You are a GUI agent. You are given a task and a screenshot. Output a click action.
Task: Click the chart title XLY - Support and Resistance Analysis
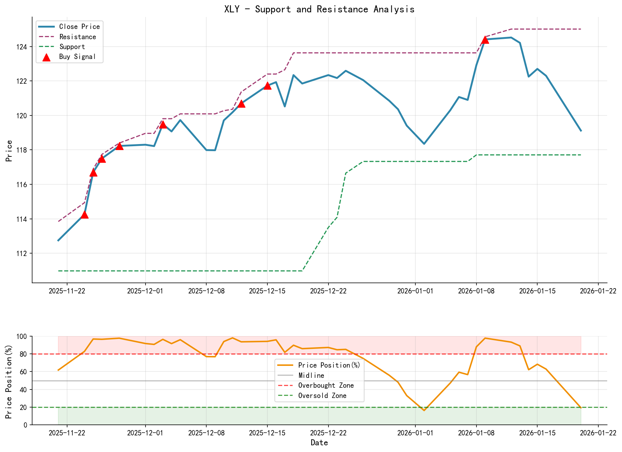coord(319,9)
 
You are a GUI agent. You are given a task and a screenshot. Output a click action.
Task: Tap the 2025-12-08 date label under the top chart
coord(206,291)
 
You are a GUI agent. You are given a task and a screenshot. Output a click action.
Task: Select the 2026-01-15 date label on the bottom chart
coord(537,433)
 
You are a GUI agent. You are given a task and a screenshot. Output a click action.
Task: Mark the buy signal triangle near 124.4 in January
coord(485,40)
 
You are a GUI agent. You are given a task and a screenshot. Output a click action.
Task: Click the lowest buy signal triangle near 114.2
coord(84,215)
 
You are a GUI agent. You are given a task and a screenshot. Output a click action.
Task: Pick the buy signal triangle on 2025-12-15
coord(267,86)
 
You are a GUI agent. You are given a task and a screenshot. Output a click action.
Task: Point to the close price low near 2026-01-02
coord(424,144)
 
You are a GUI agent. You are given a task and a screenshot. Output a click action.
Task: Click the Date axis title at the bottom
coord(319,443)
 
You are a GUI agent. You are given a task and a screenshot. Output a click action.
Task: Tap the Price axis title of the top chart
coord(9,151)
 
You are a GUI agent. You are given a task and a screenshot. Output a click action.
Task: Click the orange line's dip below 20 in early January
coord(424,410)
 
